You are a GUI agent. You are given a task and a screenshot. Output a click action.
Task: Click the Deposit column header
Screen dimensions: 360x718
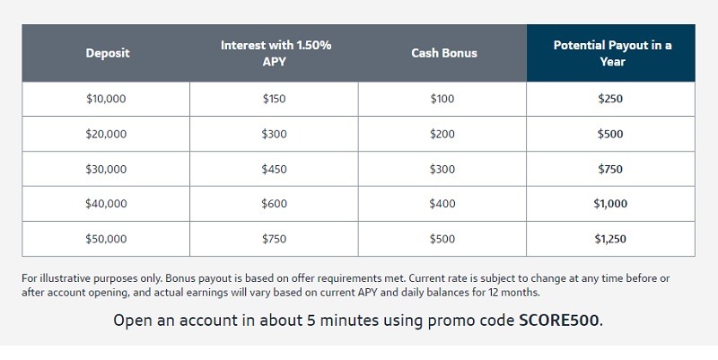click(107, 53)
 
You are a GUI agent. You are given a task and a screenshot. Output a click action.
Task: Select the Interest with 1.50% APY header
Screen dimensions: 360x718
click(274, 53)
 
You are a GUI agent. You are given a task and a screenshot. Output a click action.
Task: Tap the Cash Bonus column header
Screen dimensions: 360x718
click(443, 53)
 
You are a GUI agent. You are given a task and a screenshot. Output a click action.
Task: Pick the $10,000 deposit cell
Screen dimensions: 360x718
click(106, 99)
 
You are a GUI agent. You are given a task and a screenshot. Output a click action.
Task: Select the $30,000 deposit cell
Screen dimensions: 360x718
click(106, 169)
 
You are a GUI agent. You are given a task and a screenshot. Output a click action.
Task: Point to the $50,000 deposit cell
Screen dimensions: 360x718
click(106, 239)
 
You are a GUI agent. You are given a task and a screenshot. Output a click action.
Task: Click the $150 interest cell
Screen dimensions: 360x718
click(274, 99)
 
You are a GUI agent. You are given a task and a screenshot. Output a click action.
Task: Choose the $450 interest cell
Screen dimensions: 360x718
click(274, 169)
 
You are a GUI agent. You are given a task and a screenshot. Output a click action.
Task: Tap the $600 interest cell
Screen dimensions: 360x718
click(274, 204)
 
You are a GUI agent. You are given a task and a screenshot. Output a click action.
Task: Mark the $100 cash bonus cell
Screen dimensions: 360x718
click(442, 99)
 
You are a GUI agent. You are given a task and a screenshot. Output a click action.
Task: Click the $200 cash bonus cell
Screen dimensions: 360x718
click(442, 134)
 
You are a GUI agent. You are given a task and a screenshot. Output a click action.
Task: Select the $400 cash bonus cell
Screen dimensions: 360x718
click(442, 204)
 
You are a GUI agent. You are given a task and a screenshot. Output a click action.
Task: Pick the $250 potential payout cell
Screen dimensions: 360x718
click(610, 99)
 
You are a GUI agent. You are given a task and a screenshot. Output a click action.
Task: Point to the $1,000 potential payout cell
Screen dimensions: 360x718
click(610, 204)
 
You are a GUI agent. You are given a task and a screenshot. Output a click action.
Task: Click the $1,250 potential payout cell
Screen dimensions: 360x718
click(610, 239)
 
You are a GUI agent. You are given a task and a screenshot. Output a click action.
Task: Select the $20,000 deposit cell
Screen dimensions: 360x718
click(106, 134)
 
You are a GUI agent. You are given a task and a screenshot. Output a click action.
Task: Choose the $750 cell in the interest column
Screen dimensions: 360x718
click(274, 239)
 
